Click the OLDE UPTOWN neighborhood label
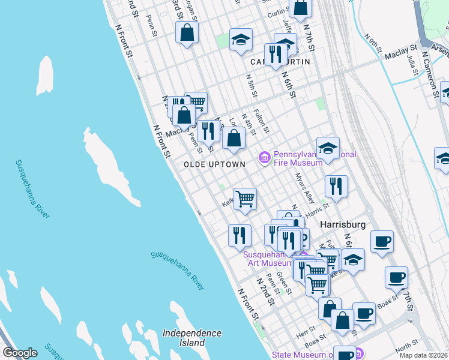(214, 164)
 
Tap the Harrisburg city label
(343, 224)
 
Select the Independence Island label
(191, 338)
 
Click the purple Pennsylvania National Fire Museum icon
(264, 158)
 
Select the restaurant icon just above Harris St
(337, 187)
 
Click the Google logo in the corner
(19, 353)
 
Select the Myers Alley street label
(305, 188)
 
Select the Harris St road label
(318, 208)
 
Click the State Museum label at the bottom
(300, 355)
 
